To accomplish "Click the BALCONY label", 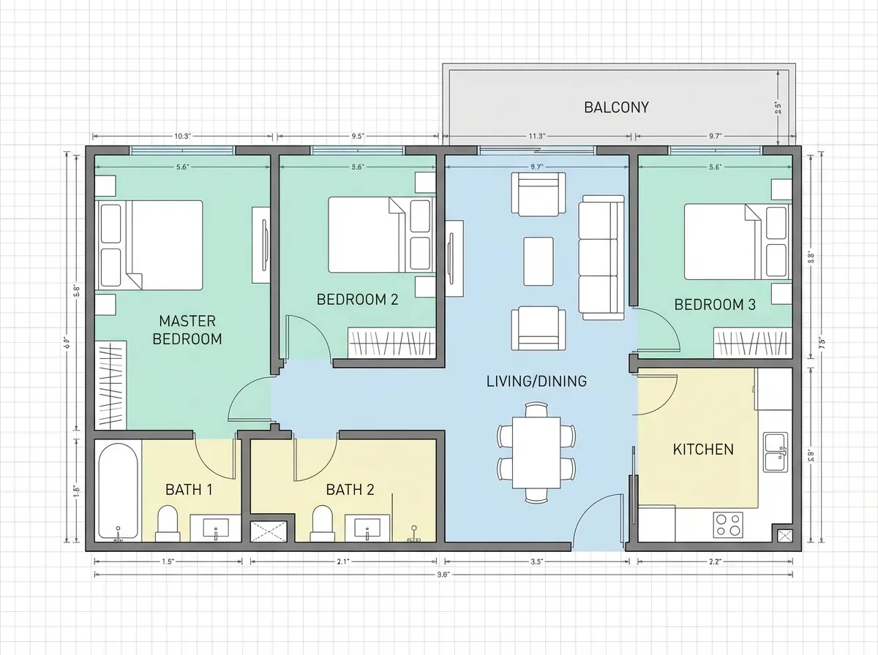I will pos(616,107).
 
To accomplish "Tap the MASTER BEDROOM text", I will pos(187,330).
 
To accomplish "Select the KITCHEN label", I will pos(702,449).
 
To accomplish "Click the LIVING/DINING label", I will pos(536,381).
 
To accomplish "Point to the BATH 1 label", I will pos(189,489).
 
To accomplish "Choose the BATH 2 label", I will pos(350,489).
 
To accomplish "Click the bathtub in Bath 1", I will pos(117,491).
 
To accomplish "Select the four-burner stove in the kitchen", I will pos(727,523).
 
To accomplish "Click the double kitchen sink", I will pos(774,452).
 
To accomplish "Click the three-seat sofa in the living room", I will pos(601,256).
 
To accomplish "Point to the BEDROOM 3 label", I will pos(714,305).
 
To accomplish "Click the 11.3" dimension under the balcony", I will pos(536,136).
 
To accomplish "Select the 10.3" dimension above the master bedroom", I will pos(182,136).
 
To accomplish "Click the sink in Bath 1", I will pos(215,526).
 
